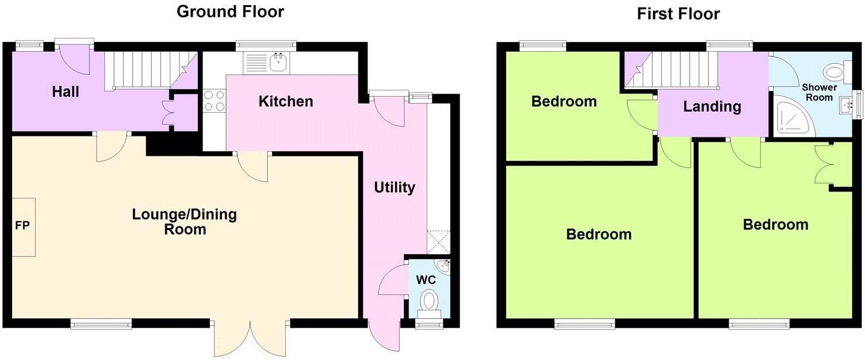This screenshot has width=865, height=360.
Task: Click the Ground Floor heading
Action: [x=230, y=11]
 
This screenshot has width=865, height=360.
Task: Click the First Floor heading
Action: [x=678, y=13]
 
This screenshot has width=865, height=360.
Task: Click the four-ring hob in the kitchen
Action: [x=215, y=101]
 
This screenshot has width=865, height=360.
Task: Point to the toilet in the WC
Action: [x=428, y=302]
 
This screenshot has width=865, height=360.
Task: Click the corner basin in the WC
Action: [x=443, y=266]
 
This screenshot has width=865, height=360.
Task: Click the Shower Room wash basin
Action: [x=844, y=104]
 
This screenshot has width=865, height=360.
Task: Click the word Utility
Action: [x=395, y=187]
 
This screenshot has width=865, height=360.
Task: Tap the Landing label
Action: [x=712, y=106]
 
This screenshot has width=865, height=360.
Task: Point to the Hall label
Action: [x=66, y=91]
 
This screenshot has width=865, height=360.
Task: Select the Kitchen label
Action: [x=286, y=102]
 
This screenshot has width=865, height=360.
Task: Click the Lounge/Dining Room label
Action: [x=184, y=222]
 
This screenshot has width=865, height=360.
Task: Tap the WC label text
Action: [x=426, y=280]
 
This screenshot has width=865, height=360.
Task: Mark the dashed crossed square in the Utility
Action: [x=439, y=242]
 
